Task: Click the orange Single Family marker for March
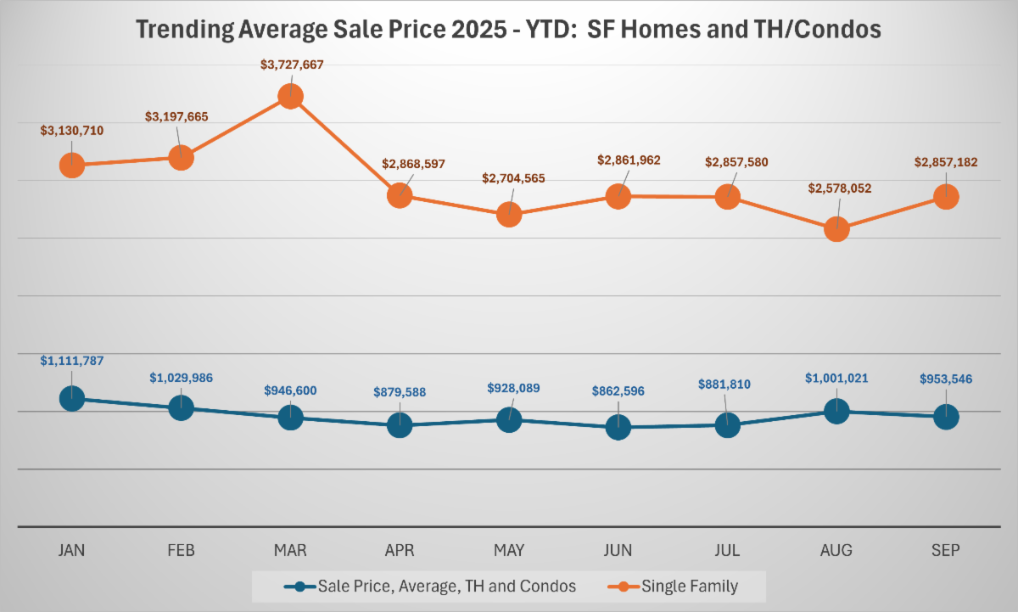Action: (290, 96)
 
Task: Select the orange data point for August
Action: (836, 228)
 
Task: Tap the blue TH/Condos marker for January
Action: (72, 397)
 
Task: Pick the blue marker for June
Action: (618, 427)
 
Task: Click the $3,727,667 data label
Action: (292, 64)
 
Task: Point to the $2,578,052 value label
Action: (840, 188)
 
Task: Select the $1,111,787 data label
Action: (72, 361)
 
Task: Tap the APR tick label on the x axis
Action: (400, 550)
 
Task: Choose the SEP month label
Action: (946, 550)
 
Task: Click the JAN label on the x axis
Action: (72, 550)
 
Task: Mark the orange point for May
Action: (509, 214)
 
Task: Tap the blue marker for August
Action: (836, 411)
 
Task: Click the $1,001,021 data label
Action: (836, 378)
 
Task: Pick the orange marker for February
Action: (181, 157)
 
